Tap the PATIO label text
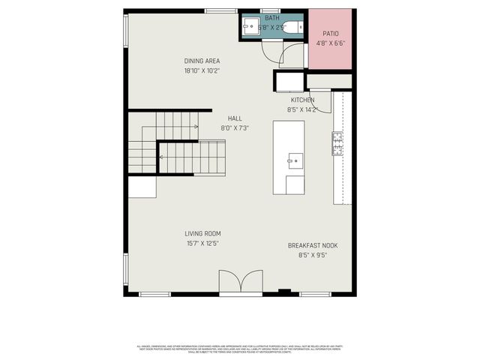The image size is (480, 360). [x=330, y=34]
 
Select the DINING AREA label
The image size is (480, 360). [x=202, y=61]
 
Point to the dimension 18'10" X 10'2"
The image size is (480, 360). [x=202, y=71]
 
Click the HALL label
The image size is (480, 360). [x=235, y=118]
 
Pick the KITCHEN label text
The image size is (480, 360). [x=303, y=100]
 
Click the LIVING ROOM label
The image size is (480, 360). [x=202, y=233]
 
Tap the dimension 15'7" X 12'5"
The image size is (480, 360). [x=202, y=243]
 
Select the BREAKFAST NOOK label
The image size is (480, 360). [x=312, y=245]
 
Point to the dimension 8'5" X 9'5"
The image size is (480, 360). [x=312, y=255]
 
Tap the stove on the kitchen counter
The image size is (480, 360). [x=337, y=142]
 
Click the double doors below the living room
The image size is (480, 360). [x=241, y=283]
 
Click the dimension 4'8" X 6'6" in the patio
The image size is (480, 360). [x=330, y=43]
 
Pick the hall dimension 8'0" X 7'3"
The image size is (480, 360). [x=235, y=128]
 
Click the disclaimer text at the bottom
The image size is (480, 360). [x=240, y=348]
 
